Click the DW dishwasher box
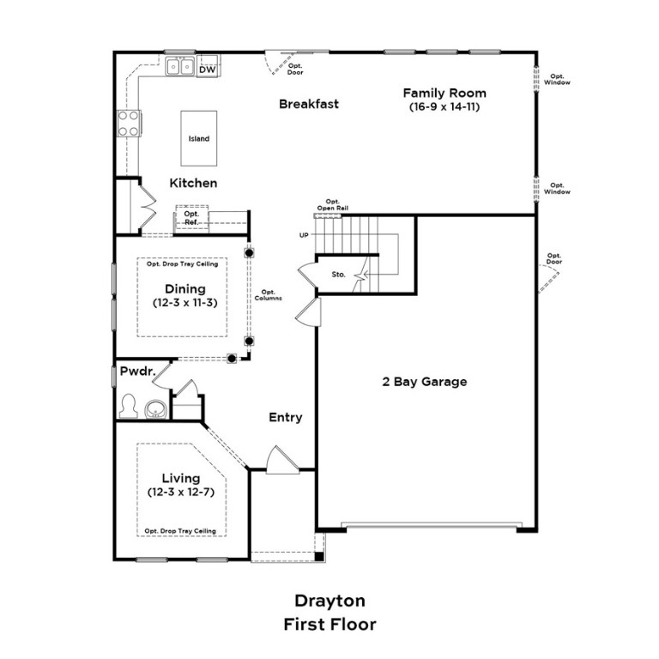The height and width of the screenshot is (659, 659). tap(207, 68)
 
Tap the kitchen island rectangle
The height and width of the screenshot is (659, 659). tap(198, 138)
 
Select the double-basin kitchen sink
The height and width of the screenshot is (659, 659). tap(180, 65)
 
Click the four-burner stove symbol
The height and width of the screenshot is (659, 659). tap(129, 124)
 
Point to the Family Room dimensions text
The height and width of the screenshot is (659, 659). tap(444, 109)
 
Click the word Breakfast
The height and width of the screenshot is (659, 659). tap(309, 104)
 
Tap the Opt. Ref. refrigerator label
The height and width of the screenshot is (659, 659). tap(191, 219)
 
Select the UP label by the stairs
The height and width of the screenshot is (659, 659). tap(304, 234)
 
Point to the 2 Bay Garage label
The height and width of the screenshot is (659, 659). tap(425, 382)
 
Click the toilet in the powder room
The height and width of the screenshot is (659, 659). tap(129, 405)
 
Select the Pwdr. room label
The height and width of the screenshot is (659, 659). tap(136, 372)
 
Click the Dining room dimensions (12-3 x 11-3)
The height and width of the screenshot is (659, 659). tap(184, 304)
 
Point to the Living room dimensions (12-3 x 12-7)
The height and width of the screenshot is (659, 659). tap(181, 492)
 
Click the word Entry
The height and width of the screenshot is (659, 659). tap(286, 417)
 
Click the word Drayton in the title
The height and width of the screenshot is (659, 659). tap(329, 601)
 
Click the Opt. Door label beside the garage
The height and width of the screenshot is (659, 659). tap(554, 259)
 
